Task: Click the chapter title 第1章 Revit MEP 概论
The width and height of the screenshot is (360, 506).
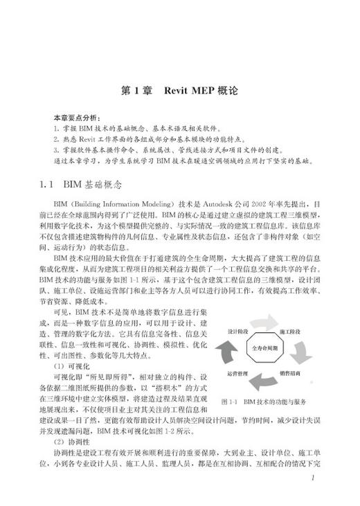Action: pyautogui.click(x=179, y=91)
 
